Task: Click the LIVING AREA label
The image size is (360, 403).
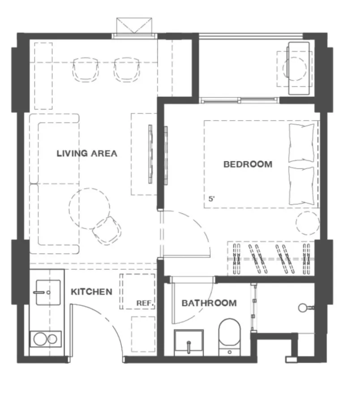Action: tap(87, 154)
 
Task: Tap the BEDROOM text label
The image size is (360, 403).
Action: tap(248, 164)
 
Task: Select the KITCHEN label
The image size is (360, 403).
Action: tap(91, 292)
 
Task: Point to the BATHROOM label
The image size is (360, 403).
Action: tap(209, 303)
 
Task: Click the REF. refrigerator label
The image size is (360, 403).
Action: tap(145, 303)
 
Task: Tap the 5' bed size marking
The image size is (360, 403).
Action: tap(211, 199)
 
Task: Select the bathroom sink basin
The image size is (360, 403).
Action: tap(189, 343)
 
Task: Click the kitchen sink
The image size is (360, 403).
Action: tap(48, 292)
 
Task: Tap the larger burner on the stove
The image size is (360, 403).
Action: tap(40, 339)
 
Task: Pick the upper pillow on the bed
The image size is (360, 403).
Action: tap(301, 143)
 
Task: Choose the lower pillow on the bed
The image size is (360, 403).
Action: tap(301, 185)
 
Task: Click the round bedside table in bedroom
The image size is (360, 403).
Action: tap(308, 223)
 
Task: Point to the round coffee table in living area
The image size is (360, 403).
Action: tap(89, 208)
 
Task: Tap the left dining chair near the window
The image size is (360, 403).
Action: tap(86, 69)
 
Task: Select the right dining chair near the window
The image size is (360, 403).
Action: tap(127, 69)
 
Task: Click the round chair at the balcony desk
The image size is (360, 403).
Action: tap(295, 69)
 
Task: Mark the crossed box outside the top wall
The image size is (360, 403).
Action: tap(134, 26)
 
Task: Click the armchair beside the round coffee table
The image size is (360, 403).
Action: tap(107, 230)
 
